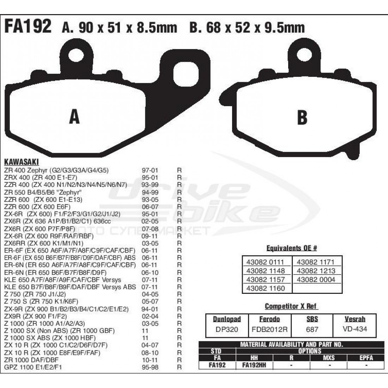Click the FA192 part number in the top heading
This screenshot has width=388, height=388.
[x=28, y=26]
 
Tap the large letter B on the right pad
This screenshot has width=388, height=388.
[x=302, y=117]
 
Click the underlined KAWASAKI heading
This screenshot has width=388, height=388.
[x=22, y=162]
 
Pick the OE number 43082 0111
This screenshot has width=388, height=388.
[x=265, y=262]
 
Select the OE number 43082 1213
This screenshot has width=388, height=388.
[x=316, y=271]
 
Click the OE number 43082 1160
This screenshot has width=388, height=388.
[x=265, y=288]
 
